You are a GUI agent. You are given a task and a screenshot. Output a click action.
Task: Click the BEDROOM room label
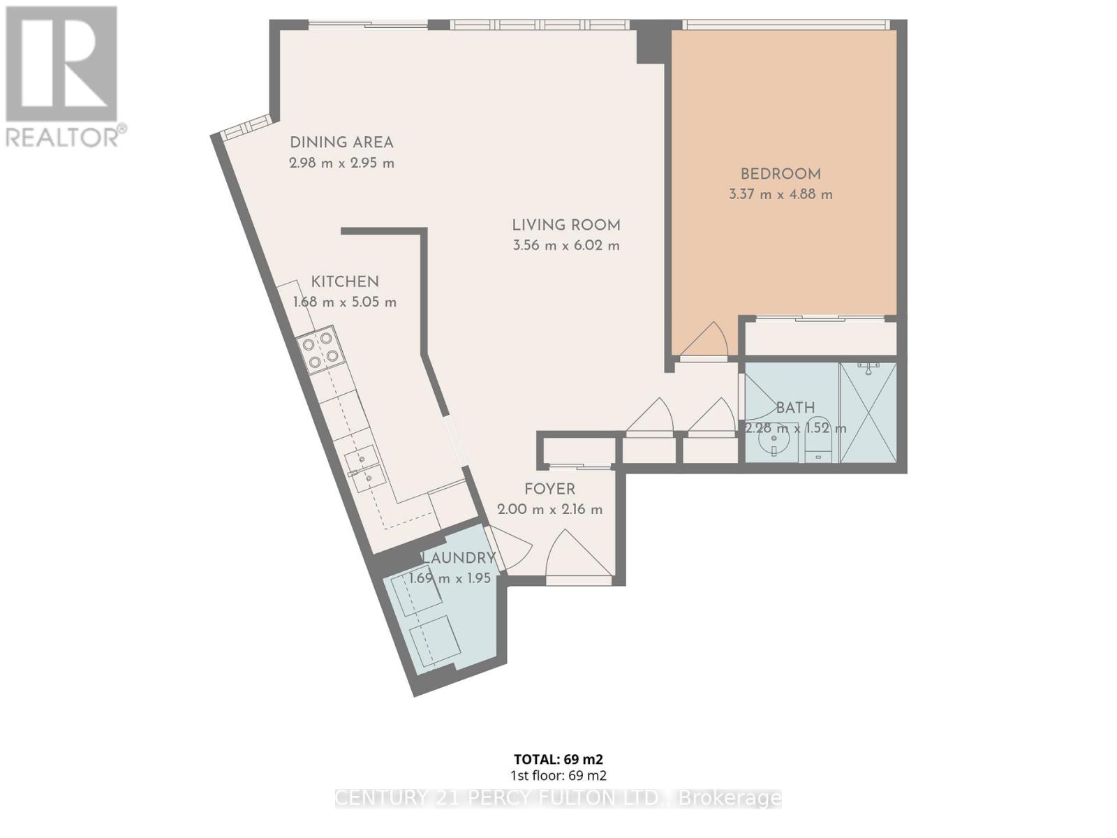click(781, 175)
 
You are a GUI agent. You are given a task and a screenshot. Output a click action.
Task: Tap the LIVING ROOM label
click(566, 226)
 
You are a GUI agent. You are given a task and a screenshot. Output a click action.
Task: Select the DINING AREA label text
click(341, 142)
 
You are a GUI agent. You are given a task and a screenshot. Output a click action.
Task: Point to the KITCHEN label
click(345, 282)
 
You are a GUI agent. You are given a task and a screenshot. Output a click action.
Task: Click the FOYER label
click(550, 489)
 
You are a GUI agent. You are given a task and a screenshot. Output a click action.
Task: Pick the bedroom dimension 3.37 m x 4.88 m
click(781, 195)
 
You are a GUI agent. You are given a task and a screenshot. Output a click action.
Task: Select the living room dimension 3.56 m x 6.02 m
click(566, 246)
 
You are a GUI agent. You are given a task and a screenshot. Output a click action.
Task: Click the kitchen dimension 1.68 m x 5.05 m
click(345, 302)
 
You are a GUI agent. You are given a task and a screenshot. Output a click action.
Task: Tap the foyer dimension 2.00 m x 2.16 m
click(550, 510)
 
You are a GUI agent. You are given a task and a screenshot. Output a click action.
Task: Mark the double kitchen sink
click(364, 468)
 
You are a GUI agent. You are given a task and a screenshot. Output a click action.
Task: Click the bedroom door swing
click(707, 342)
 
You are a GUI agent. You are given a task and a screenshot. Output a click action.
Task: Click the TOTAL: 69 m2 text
click(558, 759)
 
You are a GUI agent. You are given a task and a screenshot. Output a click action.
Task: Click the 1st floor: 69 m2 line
click(558, 775)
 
